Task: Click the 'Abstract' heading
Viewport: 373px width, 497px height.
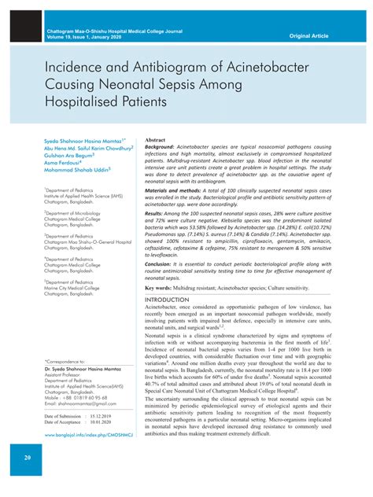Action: click(156, 138)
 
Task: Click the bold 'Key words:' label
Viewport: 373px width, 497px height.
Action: click(161, 289)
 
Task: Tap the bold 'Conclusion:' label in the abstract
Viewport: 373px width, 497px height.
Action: click(163, 264)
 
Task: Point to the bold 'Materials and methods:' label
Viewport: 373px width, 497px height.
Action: click(177, 190)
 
